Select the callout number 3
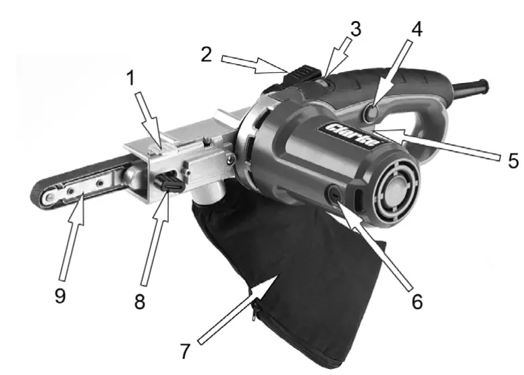[x=356, y=29]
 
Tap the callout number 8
[x=139, y=301]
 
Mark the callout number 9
[x=60, y=295]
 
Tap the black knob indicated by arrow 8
[x=170, y=182]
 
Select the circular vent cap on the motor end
[x=392, y=192]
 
